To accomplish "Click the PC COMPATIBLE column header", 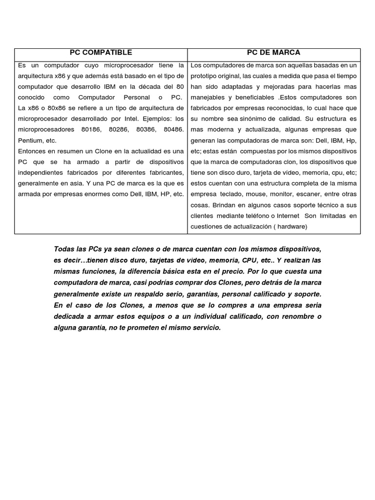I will coord(101,53).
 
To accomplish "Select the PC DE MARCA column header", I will coord(273,53).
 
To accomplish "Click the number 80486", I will coord(173,129).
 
